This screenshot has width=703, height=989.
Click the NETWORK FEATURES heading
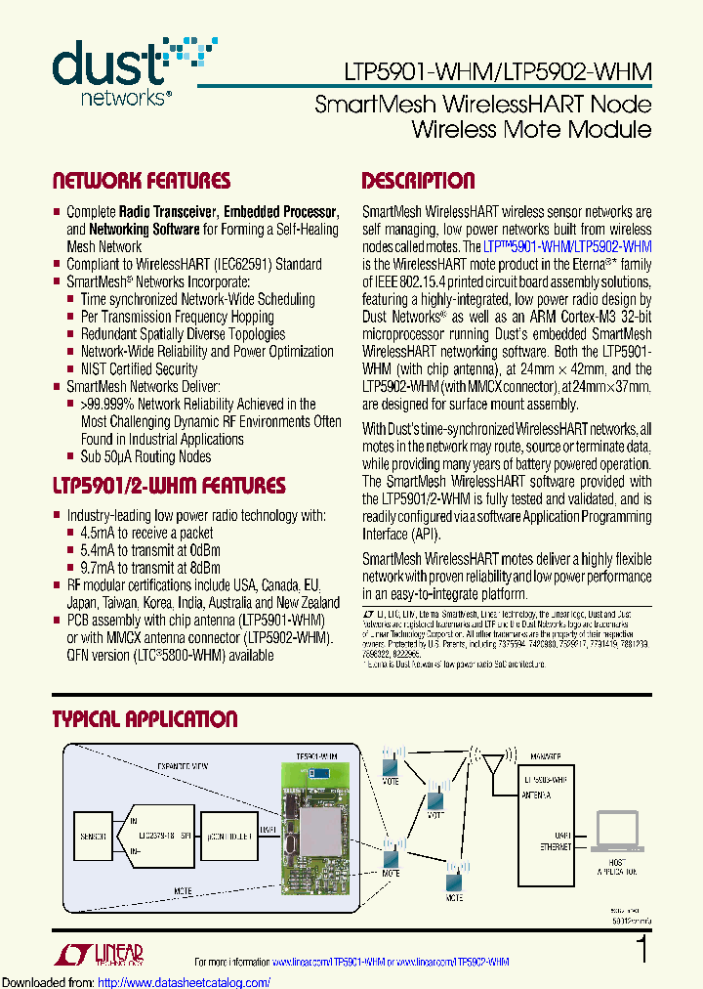pos(141,181)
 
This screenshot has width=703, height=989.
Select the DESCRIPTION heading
pos(418,181)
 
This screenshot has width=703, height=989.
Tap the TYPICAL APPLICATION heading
pos(145,719)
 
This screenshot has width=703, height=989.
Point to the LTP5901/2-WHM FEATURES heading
pos(168,486)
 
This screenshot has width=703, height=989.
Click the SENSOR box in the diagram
pos(94,838)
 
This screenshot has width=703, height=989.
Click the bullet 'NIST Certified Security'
pos(138,368)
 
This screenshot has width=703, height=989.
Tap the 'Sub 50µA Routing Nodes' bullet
pos(145,456)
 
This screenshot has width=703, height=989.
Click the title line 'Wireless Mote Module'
pos(531,130)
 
